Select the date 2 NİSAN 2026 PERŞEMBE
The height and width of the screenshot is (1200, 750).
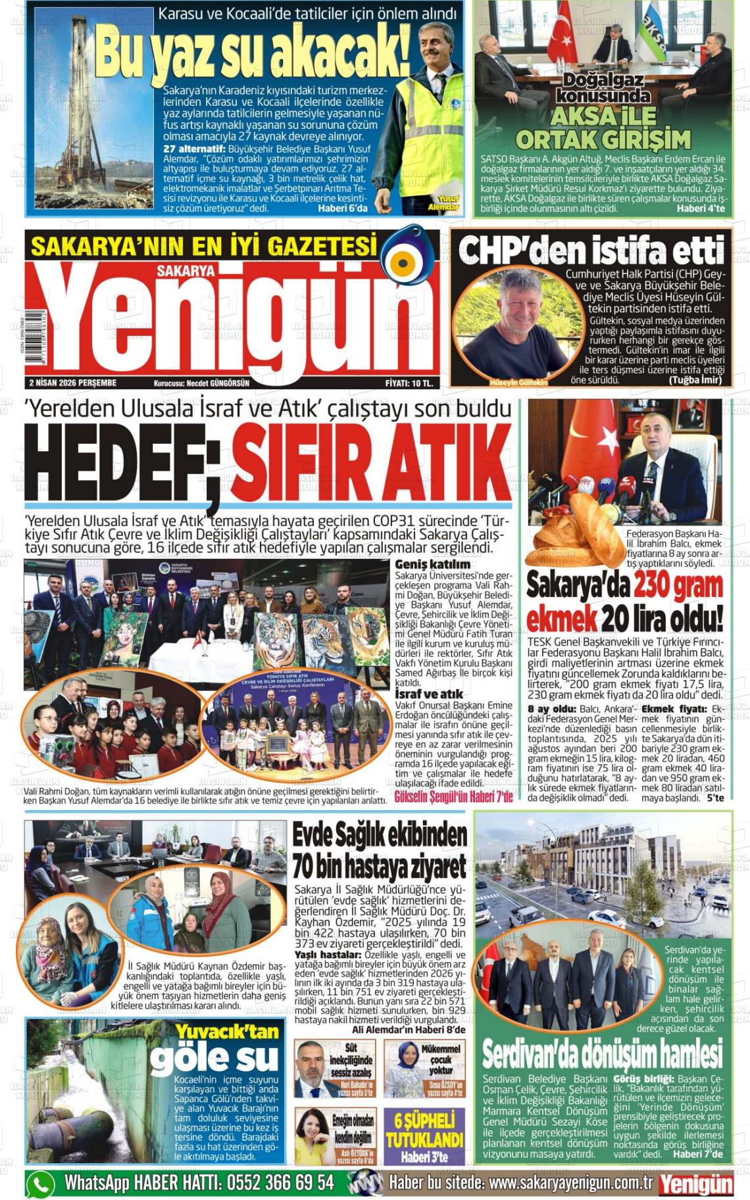point(72,383)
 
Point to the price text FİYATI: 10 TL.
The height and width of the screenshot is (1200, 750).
point(409,383)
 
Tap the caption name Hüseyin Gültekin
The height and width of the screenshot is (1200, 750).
point(518,382)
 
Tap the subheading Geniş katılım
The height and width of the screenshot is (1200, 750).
point(432,564)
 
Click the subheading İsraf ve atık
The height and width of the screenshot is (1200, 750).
point(428,694)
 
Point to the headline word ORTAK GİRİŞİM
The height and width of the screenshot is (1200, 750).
point(603,139)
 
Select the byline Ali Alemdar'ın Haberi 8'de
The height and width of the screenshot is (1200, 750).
point(408,1030)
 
